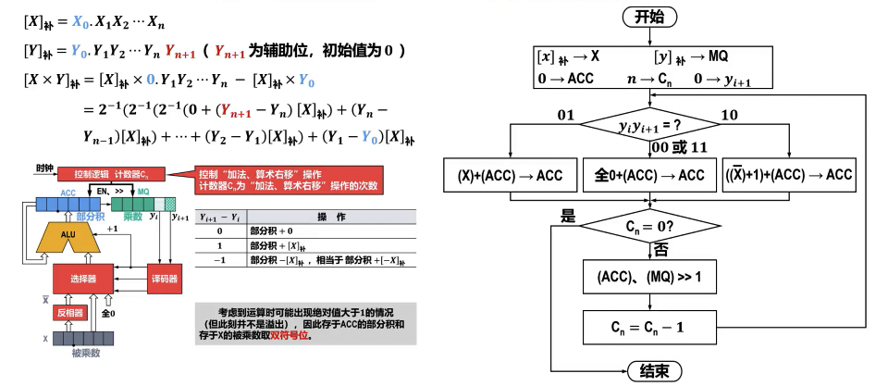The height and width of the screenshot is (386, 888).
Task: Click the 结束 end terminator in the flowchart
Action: [x=656, y=371]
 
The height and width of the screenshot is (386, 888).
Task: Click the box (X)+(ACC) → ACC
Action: [x=510, y=175]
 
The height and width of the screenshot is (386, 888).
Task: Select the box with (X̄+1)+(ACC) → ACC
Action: [x=791, y=175]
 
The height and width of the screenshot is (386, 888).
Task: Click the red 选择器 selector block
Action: [x=83, y=277]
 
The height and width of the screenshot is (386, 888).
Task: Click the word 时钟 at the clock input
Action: [x=44, y=168]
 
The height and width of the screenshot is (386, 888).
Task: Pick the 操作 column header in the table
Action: [x=330, y=216]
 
